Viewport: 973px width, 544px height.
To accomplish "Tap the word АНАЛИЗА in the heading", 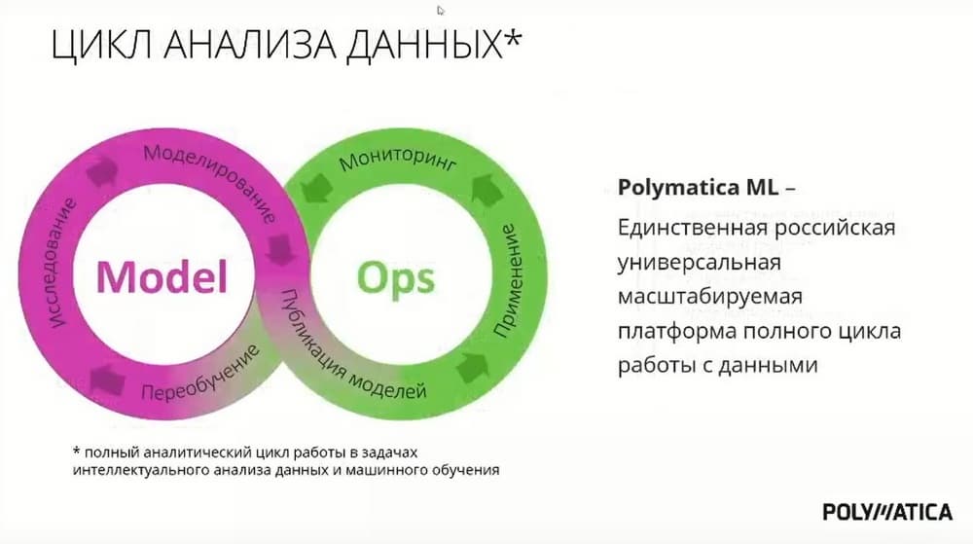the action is (250, 45).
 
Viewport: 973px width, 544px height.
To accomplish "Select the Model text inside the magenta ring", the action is (162, 276).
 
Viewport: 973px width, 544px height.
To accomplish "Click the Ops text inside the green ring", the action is (396, 278).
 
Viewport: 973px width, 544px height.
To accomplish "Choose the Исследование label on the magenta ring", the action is (60, 263).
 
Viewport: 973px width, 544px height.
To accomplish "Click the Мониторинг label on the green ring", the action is (398, 159).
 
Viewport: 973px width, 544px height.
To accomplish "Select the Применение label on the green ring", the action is (510, 280).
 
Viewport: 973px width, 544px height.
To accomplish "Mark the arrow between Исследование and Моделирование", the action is (103, 171).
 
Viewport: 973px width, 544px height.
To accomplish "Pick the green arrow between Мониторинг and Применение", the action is (486, 189).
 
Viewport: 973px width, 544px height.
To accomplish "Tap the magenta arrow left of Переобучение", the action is (107, 380).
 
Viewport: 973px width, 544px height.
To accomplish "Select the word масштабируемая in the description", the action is (710, 297).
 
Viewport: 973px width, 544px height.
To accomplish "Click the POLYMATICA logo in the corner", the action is (887, 512).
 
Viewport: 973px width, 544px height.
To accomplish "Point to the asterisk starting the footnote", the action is (77, 451).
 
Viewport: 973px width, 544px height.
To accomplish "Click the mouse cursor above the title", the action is (441, 10).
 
